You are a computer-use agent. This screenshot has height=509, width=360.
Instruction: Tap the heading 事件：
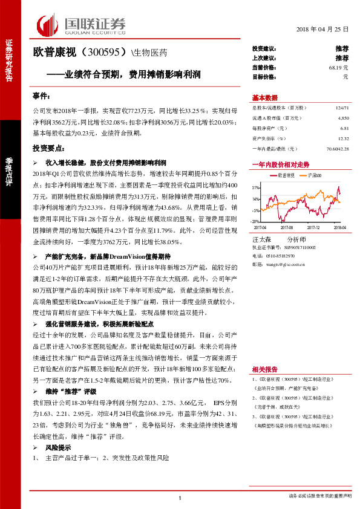44,96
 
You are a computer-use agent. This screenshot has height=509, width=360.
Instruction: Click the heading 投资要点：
49,148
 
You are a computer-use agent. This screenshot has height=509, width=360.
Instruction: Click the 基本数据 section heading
265,98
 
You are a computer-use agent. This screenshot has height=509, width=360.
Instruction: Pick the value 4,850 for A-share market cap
343,118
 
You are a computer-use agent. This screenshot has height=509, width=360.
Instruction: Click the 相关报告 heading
264,369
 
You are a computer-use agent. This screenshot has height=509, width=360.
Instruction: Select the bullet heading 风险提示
58,447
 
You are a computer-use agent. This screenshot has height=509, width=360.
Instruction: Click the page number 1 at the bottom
180,498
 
